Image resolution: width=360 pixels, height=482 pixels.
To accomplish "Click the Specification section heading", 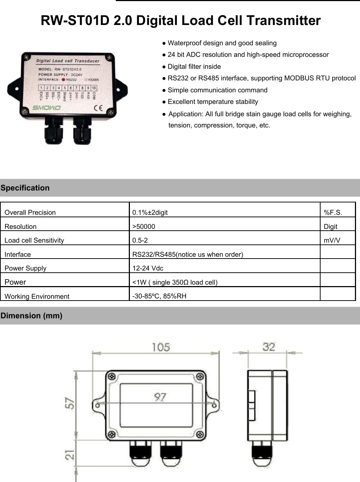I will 25,188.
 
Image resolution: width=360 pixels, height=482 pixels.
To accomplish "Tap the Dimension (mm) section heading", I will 31,316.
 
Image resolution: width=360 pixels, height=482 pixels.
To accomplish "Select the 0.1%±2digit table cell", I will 150,213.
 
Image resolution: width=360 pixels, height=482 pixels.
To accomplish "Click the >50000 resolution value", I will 144,227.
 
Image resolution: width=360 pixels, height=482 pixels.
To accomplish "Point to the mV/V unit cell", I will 332,240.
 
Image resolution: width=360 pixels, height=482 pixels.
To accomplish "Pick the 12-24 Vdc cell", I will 148,268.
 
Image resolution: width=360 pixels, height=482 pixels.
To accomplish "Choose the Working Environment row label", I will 37,297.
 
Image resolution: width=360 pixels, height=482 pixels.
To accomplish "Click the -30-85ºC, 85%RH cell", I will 159,296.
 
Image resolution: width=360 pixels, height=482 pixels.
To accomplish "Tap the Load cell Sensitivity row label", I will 34,240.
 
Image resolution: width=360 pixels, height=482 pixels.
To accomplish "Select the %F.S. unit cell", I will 333,213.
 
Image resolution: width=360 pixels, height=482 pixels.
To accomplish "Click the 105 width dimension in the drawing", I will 161,347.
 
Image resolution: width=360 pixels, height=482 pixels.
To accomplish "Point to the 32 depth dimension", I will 269,347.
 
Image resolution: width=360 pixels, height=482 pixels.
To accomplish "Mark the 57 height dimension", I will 69,403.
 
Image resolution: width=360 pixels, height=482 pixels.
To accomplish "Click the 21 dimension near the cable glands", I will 69,455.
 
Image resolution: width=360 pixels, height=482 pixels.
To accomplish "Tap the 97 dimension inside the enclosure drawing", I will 160,397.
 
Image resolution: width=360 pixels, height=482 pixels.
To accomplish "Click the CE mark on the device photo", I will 98,108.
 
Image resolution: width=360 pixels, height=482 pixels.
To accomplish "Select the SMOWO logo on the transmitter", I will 47,108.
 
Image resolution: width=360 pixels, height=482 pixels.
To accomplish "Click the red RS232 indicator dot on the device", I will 63,80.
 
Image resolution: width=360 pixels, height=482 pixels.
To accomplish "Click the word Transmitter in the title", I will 284,21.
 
